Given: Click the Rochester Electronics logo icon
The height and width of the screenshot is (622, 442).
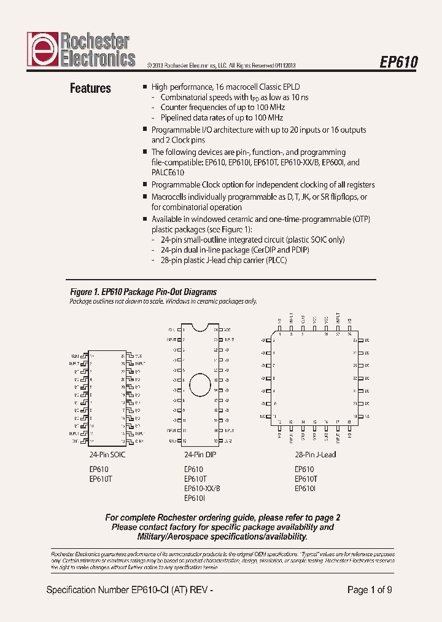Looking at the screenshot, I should pyautogui.click(x=42, y=49).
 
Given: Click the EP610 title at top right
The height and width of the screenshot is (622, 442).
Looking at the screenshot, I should pyautogui.click(x=399, y=63).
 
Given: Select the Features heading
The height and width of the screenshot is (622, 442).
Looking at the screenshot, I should pyautogui.click(x=90, y=89).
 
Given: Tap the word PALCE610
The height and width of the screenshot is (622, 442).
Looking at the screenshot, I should pyautogui.click(x=168, y=173).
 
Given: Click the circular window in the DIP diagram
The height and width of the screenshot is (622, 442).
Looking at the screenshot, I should pyautogui.click(x=200, y=385).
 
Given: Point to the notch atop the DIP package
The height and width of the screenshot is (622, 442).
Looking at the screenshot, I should pyautogui.click(x=200, y=326).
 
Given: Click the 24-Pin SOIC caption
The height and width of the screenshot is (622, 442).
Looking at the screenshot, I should pyautogui.click(x=107, y=455).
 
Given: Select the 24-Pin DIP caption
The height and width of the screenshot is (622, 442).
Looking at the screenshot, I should pyautogui.click(x=200, y=455).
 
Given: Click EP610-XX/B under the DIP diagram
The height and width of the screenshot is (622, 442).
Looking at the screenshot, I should pyautogui.click(x=202, y=488).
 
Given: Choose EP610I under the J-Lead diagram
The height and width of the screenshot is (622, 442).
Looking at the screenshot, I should pyautogui.click(x=305, y=488).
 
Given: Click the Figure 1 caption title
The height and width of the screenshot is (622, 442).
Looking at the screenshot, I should pyautogui.click(x=143, y=292).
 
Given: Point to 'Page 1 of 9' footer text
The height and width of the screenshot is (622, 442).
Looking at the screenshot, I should pyautogui.click(x=370, y=590).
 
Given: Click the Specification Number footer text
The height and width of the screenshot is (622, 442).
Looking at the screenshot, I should pyautogui.click(x=130, y=590).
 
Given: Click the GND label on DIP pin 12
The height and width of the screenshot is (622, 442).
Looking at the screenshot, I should pyautogui.click(x=173, y=441).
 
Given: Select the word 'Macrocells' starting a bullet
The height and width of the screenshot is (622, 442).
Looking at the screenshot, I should pyautogui.click(x=170, y=197).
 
